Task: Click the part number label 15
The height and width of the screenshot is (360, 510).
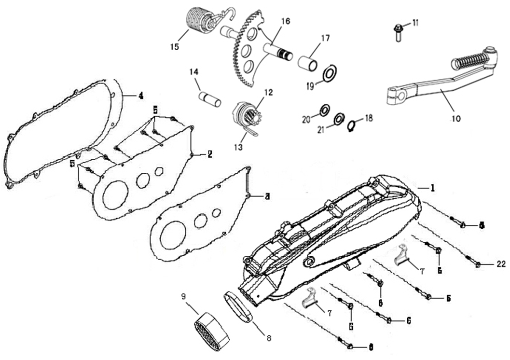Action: [x=174, y=47]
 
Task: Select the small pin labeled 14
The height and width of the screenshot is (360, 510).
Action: [x=210, y=98]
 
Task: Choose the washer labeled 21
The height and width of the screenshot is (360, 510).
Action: [x=339, y=117]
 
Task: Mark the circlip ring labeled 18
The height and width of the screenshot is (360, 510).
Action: [x=353, y=124]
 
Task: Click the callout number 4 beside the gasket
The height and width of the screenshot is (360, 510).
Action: [x=140, y=96]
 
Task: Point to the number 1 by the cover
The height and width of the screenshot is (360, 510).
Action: [x=432, y=188]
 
